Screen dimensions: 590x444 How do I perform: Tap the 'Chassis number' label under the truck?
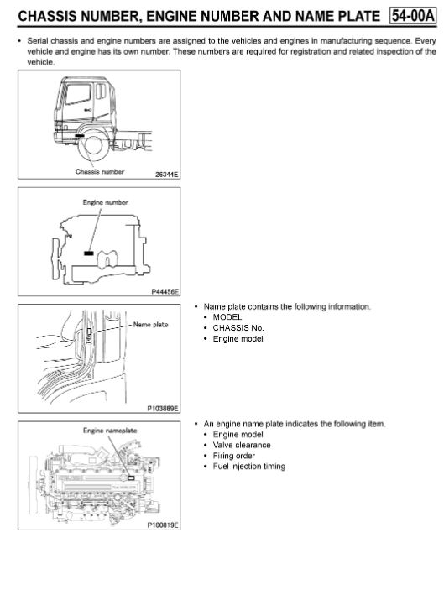[100, 171]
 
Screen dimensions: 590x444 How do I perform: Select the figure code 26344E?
[166, 175]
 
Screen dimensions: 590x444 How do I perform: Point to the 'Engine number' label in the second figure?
[98, 203]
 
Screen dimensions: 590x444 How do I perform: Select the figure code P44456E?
[165, 291]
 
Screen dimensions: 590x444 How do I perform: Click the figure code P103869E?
[163, 408]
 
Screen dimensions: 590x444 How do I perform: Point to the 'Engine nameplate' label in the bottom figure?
[110, 430]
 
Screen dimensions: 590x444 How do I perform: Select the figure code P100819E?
[163, 525]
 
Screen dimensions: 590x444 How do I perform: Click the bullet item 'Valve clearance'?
[242, 445]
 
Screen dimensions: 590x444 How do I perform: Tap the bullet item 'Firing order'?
[235, 456]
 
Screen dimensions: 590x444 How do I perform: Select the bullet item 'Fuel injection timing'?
[249, 467]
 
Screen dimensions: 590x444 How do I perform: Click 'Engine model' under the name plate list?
[238, 339]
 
